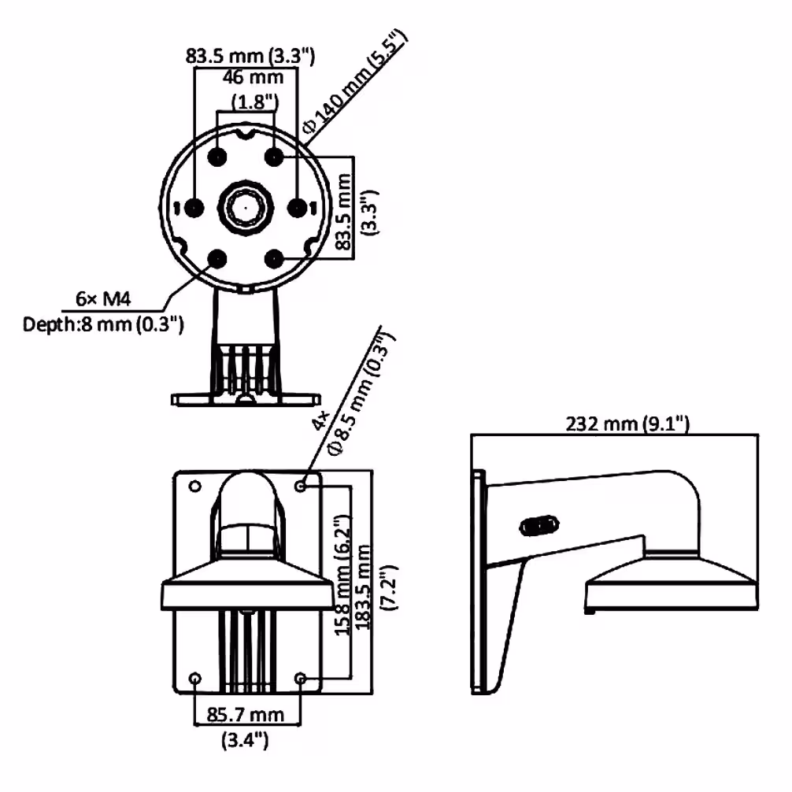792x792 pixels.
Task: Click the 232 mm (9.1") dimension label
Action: tap(627, 424)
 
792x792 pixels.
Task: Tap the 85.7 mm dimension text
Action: tap(245, 714)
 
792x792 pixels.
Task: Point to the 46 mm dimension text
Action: tap(253, 77)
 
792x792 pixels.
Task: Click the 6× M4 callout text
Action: tap(103, 299)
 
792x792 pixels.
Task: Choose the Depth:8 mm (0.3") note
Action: tap(103, 324)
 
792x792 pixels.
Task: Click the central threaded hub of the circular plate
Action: tap(246, 207)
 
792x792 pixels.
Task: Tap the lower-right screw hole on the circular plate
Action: tap(274, 259)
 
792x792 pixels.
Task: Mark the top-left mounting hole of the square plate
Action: tap(195, 486)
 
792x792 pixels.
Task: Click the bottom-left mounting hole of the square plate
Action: tap(195, 678)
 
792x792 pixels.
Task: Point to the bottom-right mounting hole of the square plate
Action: tap(301, 678)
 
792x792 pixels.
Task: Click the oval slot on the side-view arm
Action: tap(539, 526)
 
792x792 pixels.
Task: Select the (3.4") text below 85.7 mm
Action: tap(245, 740)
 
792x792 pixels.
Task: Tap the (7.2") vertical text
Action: tap(390, 587)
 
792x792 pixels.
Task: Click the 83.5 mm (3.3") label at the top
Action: tap(250, 55)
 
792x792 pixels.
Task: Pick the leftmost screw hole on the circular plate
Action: tap(194, 208)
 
